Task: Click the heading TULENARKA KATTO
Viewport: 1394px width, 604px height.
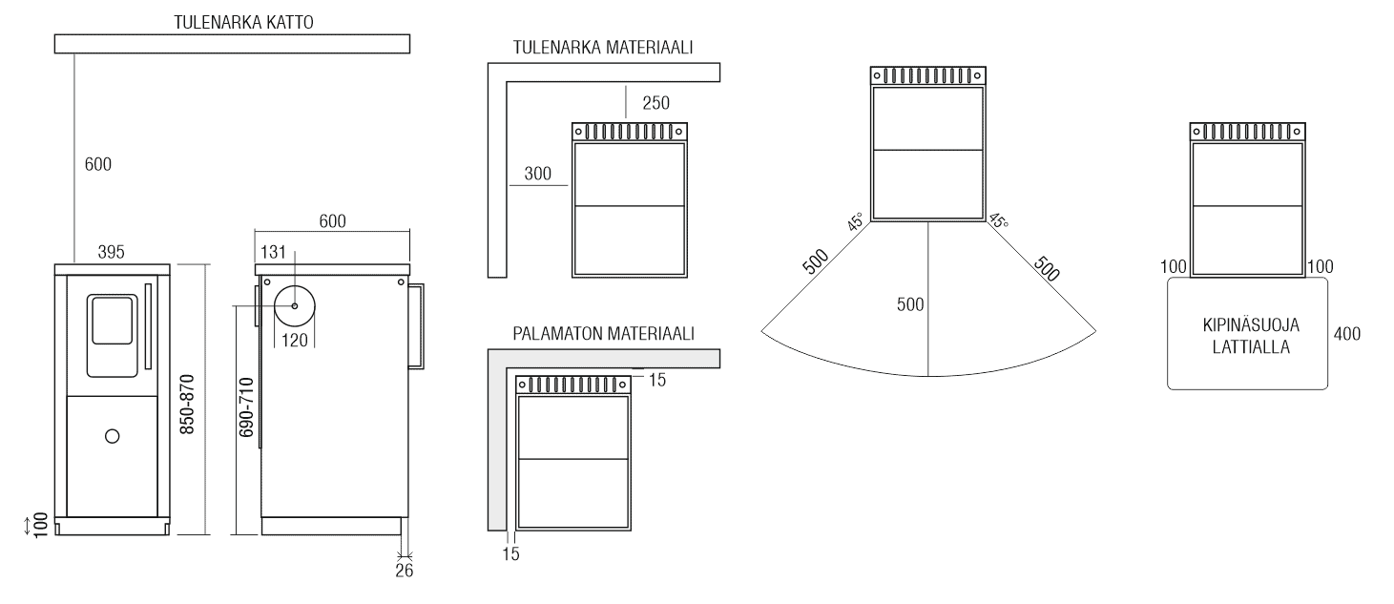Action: pos(243,22)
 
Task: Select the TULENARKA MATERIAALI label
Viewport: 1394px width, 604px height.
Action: pos(602,48)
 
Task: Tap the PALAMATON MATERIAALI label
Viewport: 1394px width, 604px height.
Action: pos(603,334)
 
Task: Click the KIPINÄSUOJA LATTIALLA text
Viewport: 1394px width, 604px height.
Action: pos(1251,336)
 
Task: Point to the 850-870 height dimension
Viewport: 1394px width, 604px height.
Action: pos(187,405)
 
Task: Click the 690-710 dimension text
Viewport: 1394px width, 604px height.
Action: pos(247,407)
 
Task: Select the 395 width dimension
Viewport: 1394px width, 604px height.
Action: pos(112,252)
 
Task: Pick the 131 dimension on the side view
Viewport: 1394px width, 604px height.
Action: pos(273,252)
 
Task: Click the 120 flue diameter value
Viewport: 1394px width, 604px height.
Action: pos(295,341)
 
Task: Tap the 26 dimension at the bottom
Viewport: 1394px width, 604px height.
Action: pos(404,571)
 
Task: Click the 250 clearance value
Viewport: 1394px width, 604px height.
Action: pos(655,103)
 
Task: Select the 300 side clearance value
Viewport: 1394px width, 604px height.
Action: pos(538,174)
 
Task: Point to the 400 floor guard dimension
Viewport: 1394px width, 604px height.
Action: pos(1346,334)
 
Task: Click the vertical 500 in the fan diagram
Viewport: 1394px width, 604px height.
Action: pos(910,304)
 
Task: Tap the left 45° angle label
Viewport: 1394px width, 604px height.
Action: pos(855,221)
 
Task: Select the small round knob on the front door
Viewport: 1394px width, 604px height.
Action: pos(112,437)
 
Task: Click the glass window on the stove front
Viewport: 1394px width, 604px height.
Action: pos(112,321)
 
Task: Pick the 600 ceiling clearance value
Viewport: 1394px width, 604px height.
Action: pos(97,164)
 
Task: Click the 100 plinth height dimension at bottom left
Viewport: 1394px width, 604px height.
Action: pos(40,526)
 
